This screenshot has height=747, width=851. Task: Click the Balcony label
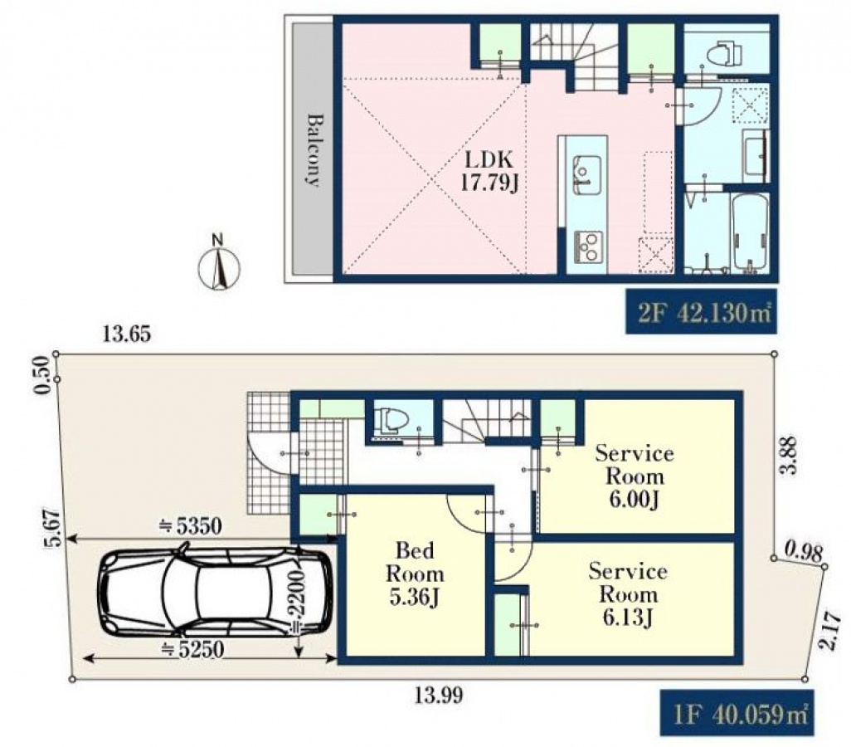314,150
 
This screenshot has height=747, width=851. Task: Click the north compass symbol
219,262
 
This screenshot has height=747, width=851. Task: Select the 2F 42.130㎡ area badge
701,312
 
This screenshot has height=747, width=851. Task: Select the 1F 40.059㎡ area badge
737,713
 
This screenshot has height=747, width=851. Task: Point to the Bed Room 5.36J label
415,574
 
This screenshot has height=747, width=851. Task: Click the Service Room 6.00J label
635,476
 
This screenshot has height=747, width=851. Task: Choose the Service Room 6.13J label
628,593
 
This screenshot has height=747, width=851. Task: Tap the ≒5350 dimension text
190,526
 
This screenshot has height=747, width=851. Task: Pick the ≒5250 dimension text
192,648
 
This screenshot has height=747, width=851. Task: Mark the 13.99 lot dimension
439,695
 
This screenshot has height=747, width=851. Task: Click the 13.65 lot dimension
126,334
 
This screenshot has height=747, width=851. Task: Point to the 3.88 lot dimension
789,456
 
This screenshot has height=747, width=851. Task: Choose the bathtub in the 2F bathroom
750,233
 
